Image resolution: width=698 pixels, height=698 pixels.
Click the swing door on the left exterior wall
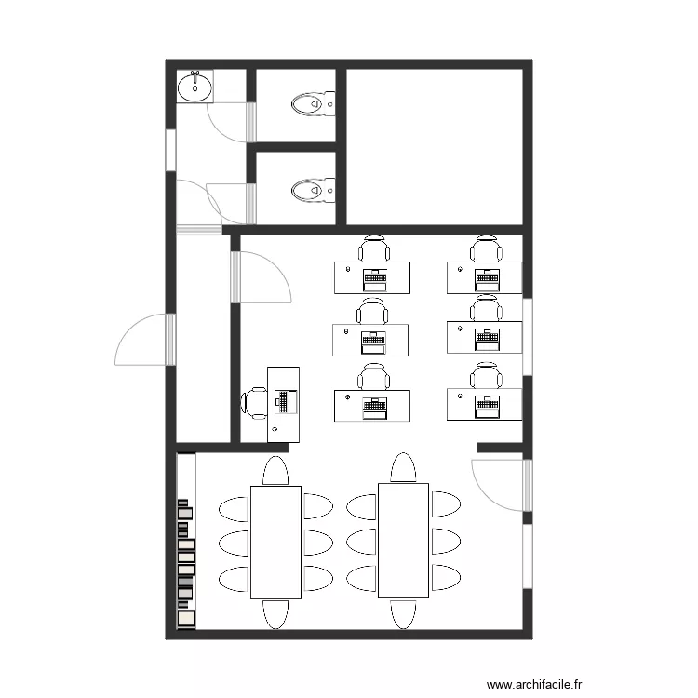tap(144, 341)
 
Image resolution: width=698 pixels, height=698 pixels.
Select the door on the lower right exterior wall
tap(503, 484)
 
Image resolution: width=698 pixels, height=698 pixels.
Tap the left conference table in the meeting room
tap(275, 542)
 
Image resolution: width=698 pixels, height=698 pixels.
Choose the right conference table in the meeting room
tap(403, 540)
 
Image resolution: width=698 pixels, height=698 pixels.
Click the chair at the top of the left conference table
tap(276, 471)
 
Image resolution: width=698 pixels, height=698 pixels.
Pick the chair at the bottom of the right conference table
tap(403, 613)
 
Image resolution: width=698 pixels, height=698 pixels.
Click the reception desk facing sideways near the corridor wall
tap(284, 403)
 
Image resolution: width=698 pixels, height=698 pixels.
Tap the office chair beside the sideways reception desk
tap(254, 403)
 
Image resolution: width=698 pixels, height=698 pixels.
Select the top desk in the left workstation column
tap(372, 277)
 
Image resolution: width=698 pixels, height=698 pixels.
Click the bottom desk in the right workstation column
tap(484, 405)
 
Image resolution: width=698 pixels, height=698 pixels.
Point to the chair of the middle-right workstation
tap(485, 308)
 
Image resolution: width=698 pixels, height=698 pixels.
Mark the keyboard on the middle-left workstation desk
tap(373, 340)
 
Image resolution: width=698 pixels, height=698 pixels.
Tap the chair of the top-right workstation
tap(485, 248)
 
